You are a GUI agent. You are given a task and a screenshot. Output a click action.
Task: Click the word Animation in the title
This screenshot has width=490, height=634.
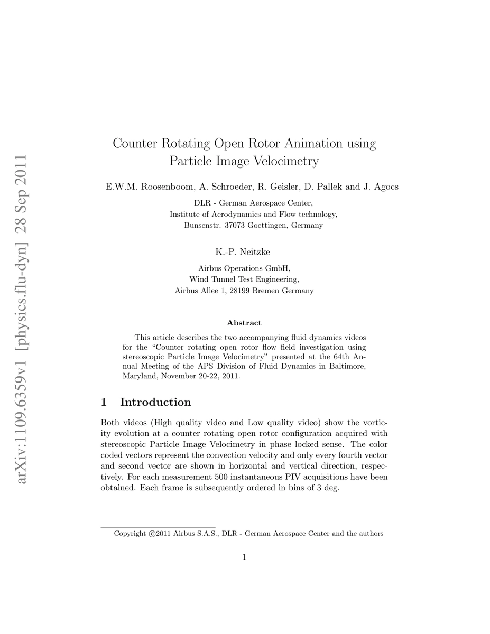pos(310,143)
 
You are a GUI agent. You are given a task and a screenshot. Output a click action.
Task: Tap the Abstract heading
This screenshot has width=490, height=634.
pos(244,322)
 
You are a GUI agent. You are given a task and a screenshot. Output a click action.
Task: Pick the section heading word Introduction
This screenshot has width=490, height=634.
pos(155,402)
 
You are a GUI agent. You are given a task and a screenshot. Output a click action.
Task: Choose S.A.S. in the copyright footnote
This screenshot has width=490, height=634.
pos(208,534)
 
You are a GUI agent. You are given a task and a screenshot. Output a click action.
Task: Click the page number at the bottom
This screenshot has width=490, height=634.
pos(244,556)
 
